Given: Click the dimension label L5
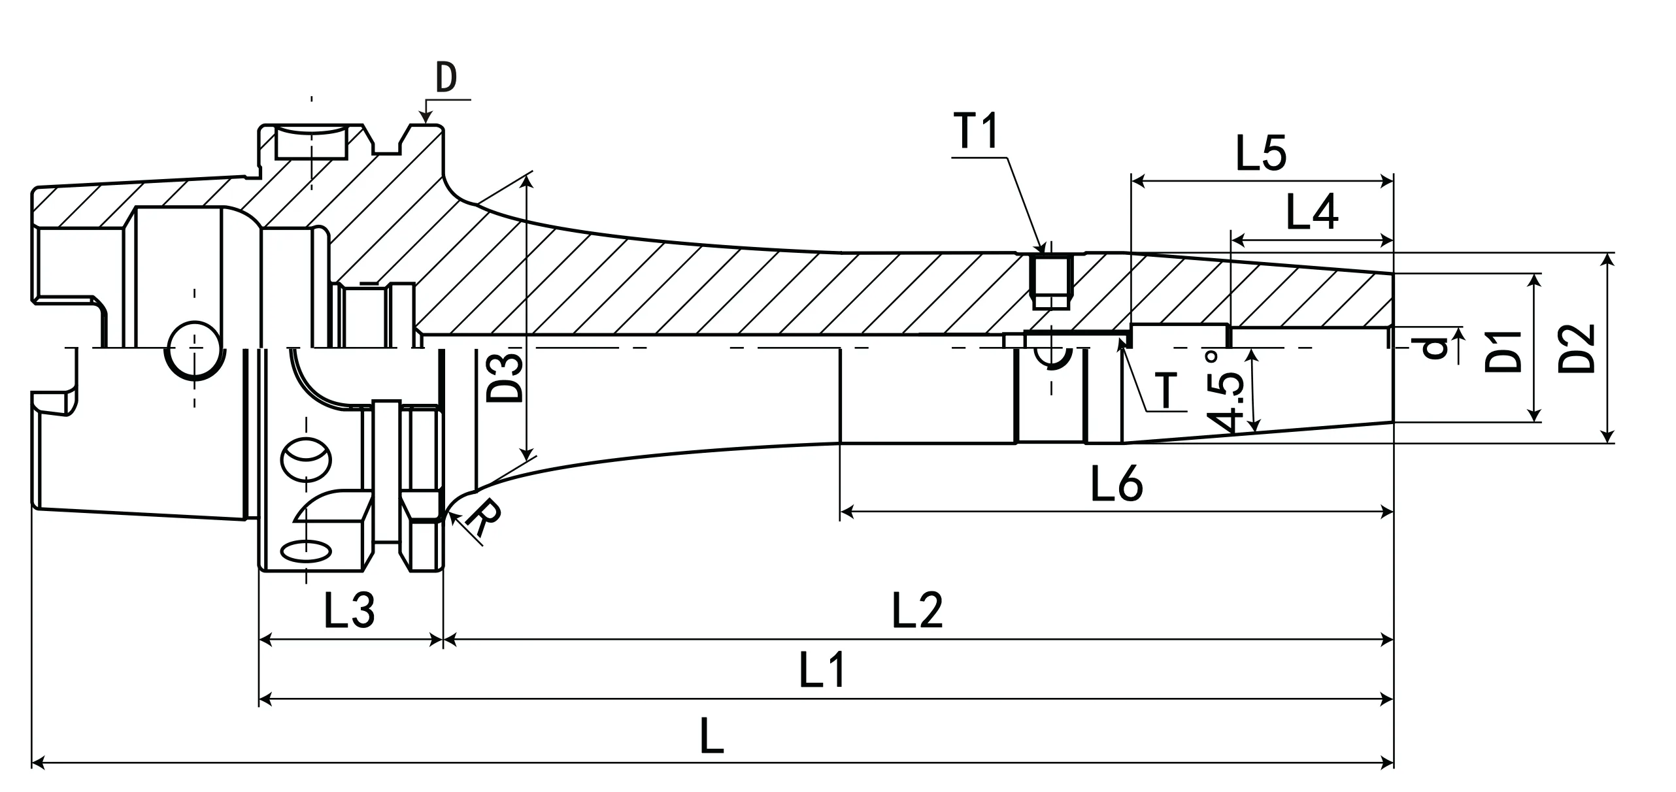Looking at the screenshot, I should [x=1261, y=154].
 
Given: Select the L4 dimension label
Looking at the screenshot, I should [x=1312, y=212].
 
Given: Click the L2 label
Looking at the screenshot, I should [x=917, y=610].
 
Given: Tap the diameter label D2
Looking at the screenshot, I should [x=1576, y=348].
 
